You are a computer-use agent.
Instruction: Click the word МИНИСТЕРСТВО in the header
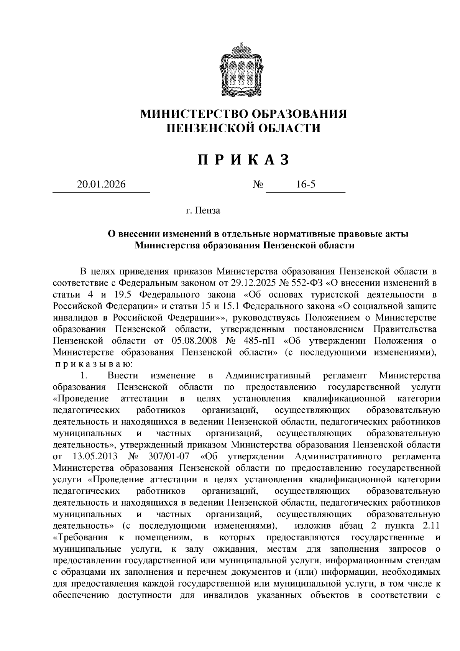192,114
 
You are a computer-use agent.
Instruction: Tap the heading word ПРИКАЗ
243,159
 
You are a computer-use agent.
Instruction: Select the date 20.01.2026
101,184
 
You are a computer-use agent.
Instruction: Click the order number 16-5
306,184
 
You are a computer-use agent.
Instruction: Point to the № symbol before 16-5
258,185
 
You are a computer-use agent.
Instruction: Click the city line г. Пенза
202,210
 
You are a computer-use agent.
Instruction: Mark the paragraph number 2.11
429,525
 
